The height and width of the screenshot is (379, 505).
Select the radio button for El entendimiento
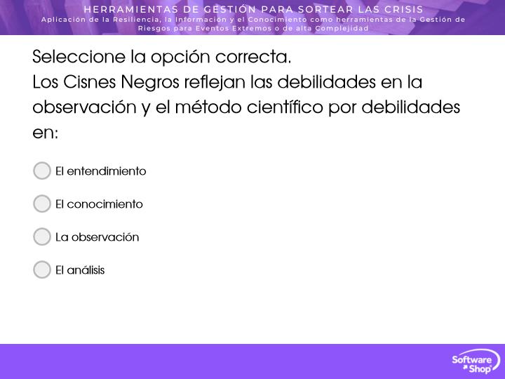[42, 171]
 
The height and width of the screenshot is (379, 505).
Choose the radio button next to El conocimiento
[42, 204]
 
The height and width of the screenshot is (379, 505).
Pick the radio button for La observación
[42, 237]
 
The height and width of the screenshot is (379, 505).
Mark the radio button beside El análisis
[42, 270]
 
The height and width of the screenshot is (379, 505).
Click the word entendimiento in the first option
[107, 171]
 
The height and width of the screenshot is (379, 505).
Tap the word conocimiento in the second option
[105, 204]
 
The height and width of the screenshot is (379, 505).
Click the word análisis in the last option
[86, 270]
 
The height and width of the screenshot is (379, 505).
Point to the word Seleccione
[79, 57]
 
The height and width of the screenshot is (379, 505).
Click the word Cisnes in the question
[90, 82]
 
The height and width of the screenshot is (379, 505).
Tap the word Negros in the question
[150, 83]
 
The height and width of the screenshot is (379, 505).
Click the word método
[208, 107]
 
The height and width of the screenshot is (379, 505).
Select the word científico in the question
[285, 107]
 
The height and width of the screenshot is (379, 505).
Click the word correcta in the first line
[253, 58]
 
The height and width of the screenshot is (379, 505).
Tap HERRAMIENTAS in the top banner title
[130, 9]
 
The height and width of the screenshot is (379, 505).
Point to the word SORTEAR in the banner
[325, 9]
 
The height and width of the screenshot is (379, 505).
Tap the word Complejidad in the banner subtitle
[342, 28]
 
